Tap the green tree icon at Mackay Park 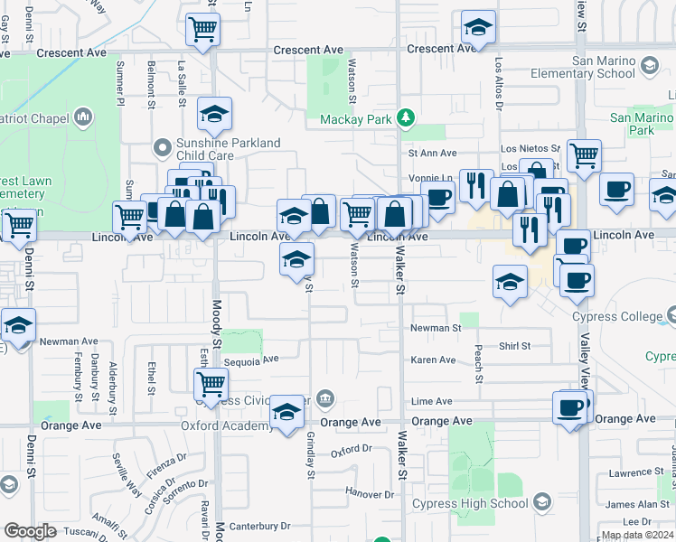(407, 117)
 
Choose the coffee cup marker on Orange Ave (568, 408)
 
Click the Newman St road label (436, 329)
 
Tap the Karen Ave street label (433, 360)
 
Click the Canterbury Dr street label (259, 525)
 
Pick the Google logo (29, 531)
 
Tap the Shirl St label (514, 346)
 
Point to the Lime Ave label (431, 401)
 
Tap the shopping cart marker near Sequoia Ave (211, 384)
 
